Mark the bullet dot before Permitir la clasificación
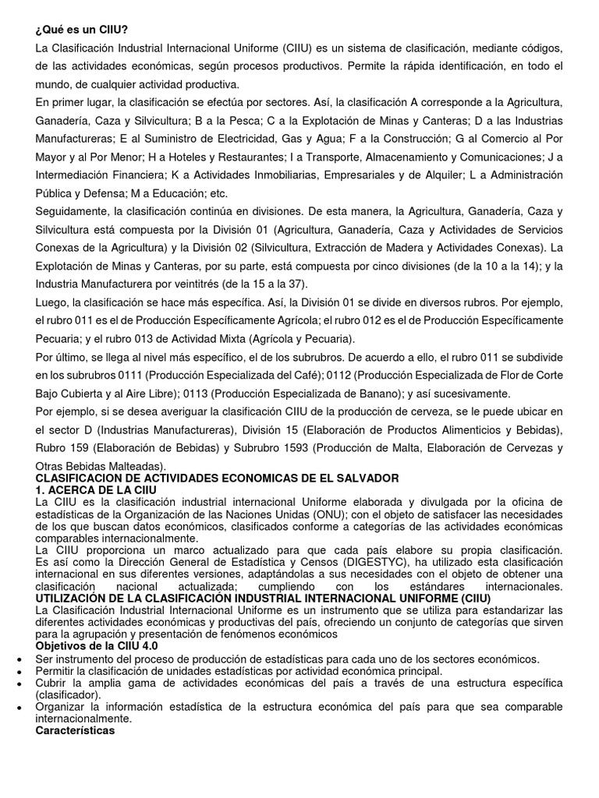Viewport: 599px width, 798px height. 19,672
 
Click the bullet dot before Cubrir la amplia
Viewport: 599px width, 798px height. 19,683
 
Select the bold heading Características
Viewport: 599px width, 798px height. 76,730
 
